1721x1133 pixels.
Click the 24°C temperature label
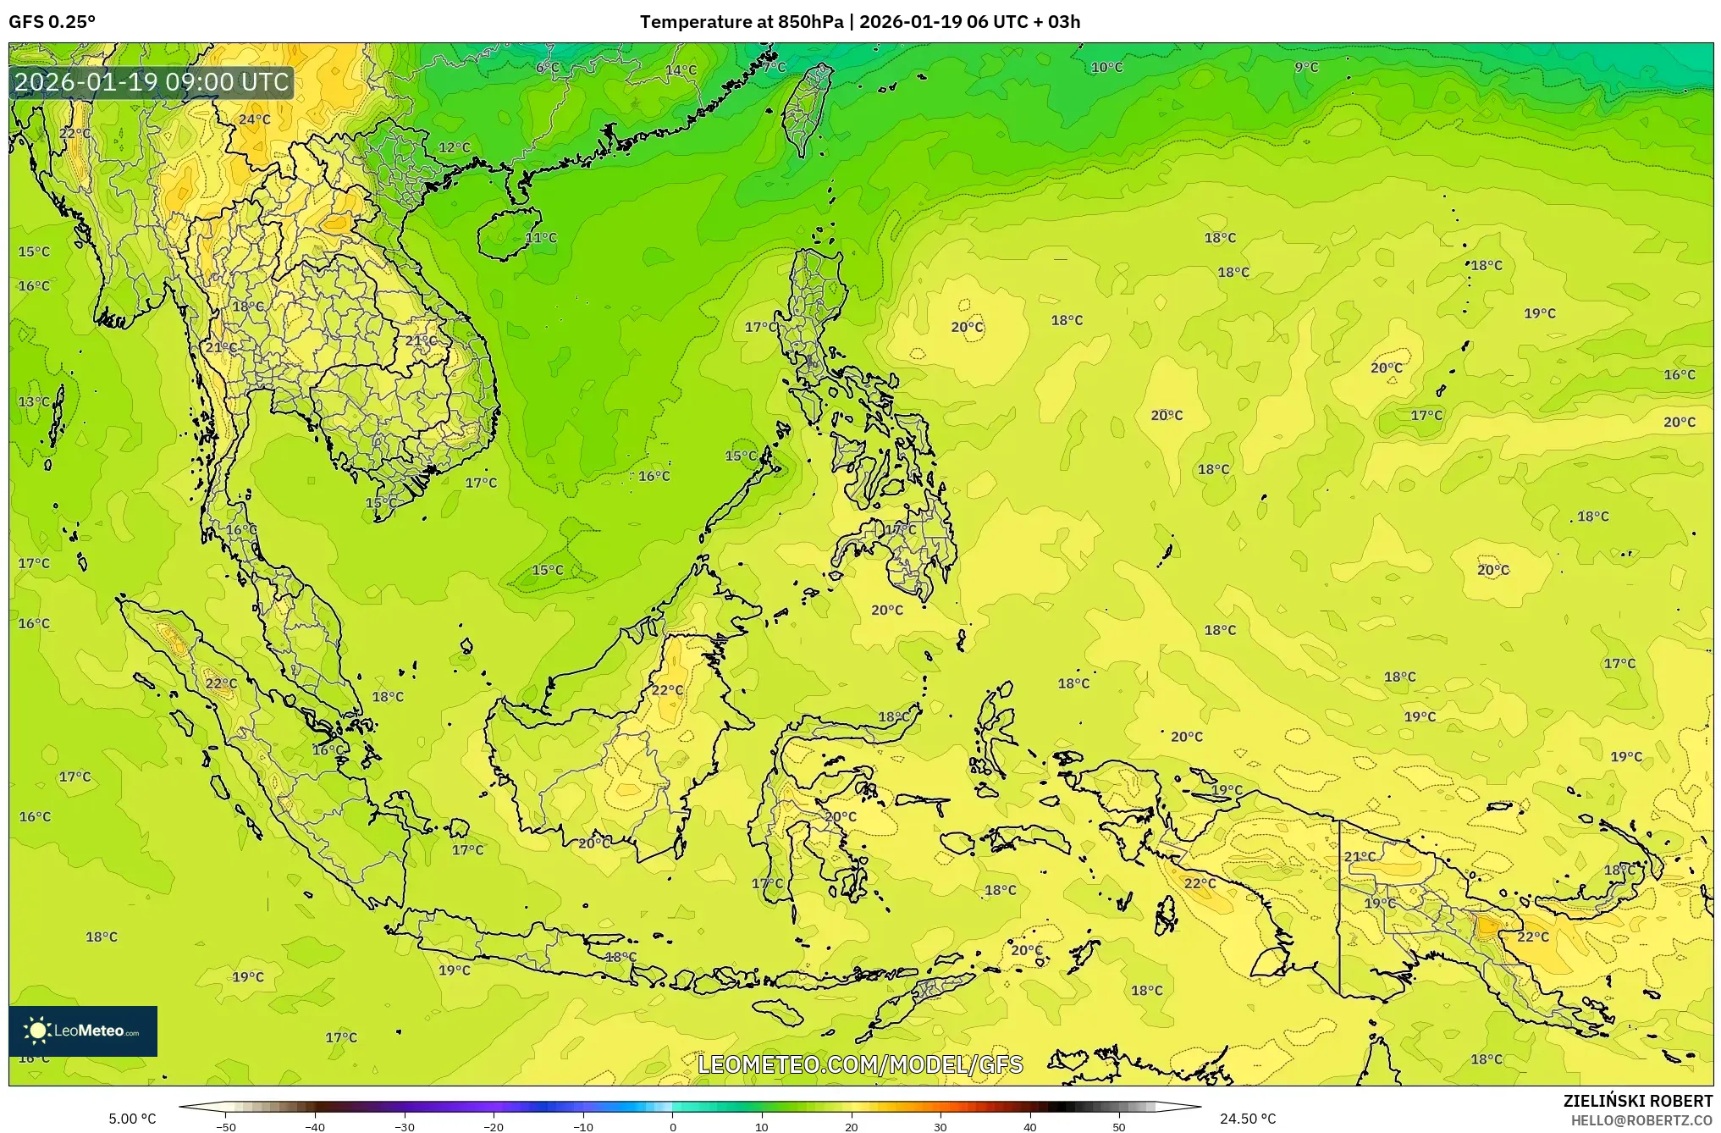tap(254, 119)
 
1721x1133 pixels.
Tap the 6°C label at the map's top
tap(548, 67)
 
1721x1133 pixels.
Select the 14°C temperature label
tap(681, 70)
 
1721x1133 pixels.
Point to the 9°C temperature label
tap(1306, 67)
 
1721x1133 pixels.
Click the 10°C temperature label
tap(1106, 67)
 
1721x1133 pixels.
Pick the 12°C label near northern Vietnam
tap(454, 147)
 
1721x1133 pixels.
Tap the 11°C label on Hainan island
tap(541, 238)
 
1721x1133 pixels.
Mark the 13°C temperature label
tap(34, 401)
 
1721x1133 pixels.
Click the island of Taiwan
tap(806, 106)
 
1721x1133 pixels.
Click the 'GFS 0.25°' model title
tap(52, 22)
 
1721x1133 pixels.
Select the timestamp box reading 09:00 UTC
tap(152, 82)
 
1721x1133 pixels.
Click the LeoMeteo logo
tap(83, 1031)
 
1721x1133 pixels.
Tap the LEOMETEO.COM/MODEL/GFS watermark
tap(860, 1064)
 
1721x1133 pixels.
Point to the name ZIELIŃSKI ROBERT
tap(1637, 1101)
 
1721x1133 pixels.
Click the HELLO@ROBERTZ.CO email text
tap(1641, 1120)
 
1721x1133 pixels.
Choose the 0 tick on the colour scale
tap(673, 1126)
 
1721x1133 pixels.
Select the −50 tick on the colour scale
tap(226, 1126)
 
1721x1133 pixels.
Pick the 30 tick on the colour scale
tap(940, 1126)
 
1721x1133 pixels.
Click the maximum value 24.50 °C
tap(1247, 1119)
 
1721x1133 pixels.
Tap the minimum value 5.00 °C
tap(132, 1119)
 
